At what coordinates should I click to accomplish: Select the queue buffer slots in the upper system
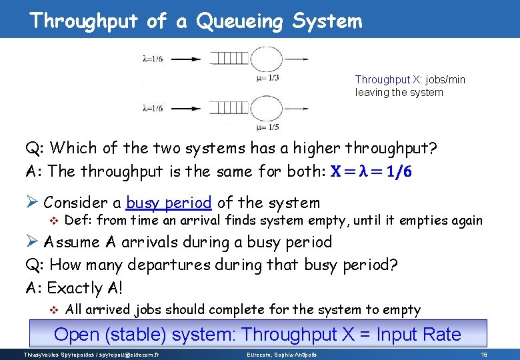[x=231, y=59]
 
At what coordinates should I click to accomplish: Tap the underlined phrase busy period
[x=169, y=203]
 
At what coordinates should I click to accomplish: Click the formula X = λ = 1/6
[x=371, y=172]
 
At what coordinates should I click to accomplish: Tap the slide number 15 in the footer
[x=484, y=354]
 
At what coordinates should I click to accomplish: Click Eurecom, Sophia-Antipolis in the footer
[x=279, y=354]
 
